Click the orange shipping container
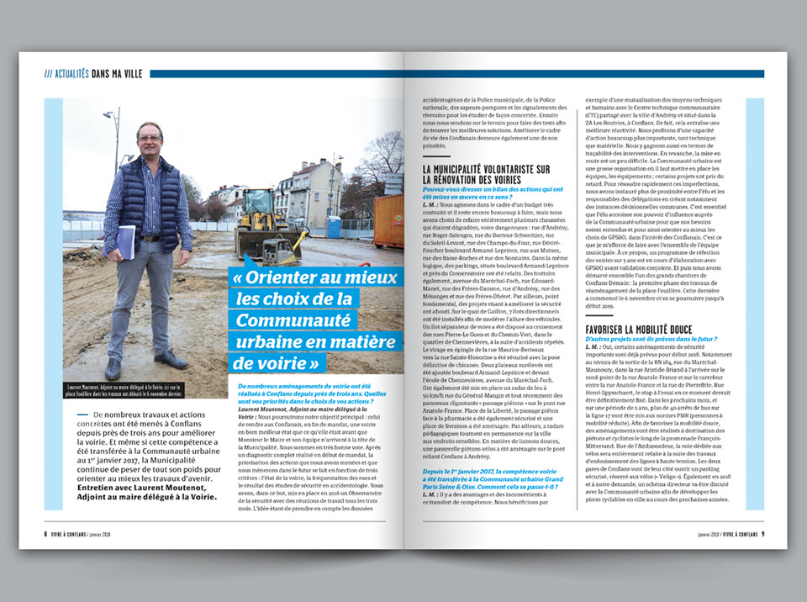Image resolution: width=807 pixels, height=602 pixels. click(x=388, y=220)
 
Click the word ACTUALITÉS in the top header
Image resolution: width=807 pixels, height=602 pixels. click(x=70, y=74)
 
